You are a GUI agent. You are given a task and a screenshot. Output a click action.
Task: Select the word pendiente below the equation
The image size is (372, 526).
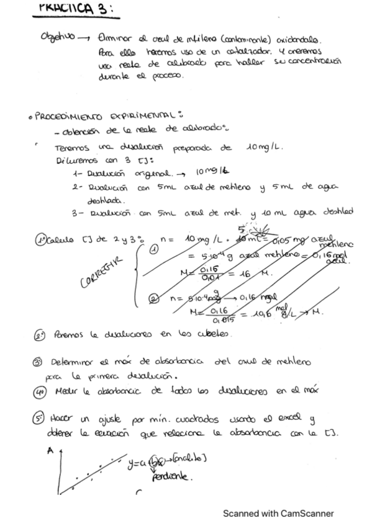point(173,478)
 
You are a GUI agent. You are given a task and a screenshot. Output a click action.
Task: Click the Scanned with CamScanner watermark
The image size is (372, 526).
point(278,513)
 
